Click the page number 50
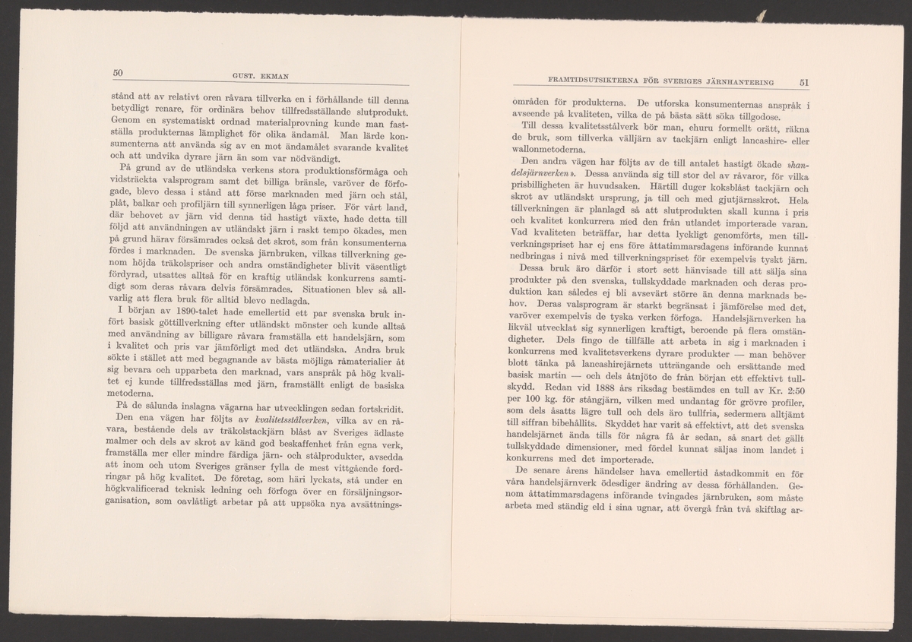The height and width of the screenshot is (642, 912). pyautogui.click(x=118, y=72)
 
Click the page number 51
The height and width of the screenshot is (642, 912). pyautogui.click(x=805, y=82)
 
